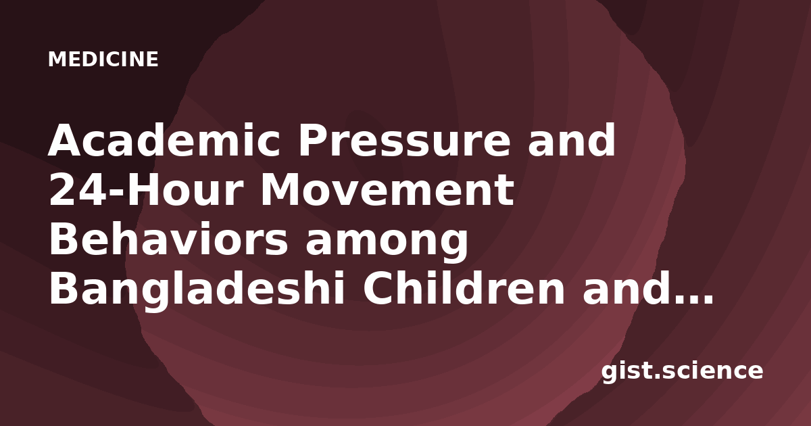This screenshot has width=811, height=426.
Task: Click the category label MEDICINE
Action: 103,60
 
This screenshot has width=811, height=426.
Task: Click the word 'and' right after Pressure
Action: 572,140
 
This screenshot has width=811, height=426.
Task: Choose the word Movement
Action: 387,190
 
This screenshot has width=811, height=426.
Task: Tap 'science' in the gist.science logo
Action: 712,371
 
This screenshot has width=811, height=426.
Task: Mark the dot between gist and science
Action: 656,377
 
